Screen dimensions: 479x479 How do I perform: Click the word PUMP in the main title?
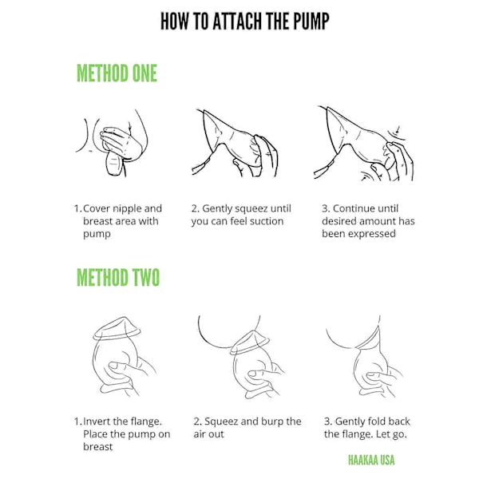point(311,21)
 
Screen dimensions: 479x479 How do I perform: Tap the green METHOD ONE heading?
point(117,73)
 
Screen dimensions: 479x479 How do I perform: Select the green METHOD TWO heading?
point(118,277)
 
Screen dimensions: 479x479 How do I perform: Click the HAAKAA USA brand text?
point(371,460)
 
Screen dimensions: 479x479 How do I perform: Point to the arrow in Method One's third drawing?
point(398,129)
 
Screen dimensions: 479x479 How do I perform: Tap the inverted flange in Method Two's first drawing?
point(117,329)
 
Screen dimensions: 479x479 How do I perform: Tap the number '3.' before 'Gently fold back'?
point(327,422)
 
